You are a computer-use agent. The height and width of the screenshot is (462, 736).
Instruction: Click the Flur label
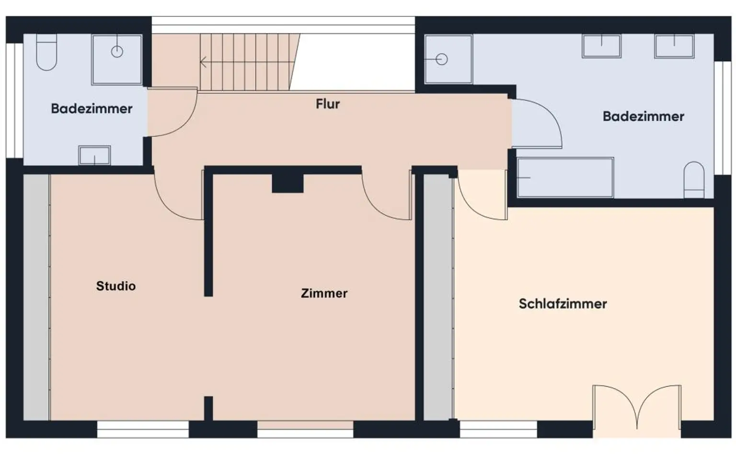(x=328, y=104)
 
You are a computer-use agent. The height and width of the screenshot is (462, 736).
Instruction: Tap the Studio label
(x=116, y=286)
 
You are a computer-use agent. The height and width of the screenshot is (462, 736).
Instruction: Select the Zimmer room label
(x=324, y=293)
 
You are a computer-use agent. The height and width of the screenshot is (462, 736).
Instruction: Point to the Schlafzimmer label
(x=563, y=304)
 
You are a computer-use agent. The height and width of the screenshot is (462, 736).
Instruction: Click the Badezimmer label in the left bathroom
(x=92, y=109)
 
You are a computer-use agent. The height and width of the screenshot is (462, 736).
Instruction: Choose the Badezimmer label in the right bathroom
(x=643, y=116)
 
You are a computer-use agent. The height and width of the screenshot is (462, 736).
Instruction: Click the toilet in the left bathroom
(x=46, y=52)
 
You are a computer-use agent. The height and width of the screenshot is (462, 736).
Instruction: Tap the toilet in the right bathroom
(x=693, y=180)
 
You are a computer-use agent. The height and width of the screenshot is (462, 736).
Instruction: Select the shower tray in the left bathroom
(x=117, y=59)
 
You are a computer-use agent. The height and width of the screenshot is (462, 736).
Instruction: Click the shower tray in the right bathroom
(x=448, y=59)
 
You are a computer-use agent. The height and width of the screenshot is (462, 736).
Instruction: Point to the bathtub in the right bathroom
(x=565, y=178)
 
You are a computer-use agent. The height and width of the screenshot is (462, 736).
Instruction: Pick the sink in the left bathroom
(x=94, y=156)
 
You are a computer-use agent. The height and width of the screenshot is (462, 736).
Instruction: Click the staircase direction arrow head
(x=203, y=62)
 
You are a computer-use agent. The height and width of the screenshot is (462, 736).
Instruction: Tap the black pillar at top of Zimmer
(x=287, y=183)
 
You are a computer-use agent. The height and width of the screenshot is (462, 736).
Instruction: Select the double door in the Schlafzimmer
(x=637, y=407)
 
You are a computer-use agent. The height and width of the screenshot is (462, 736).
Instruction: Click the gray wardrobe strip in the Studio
(x=36, y=297)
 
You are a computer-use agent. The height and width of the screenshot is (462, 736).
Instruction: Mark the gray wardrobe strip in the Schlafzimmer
(x=438, y=297)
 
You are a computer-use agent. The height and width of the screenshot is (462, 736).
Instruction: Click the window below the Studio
(x=143, y=429)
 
